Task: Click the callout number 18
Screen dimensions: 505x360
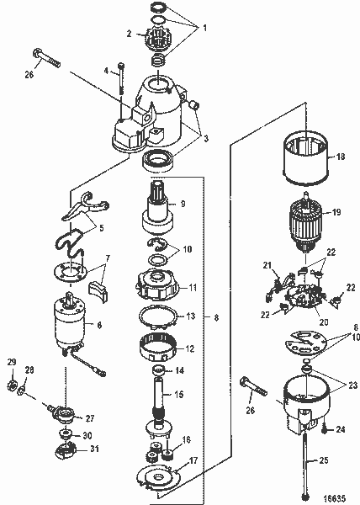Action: pos(341,179)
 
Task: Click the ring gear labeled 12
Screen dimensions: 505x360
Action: pos(161,346)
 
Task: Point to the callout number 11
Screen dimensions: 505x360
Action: pos(193,287)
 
